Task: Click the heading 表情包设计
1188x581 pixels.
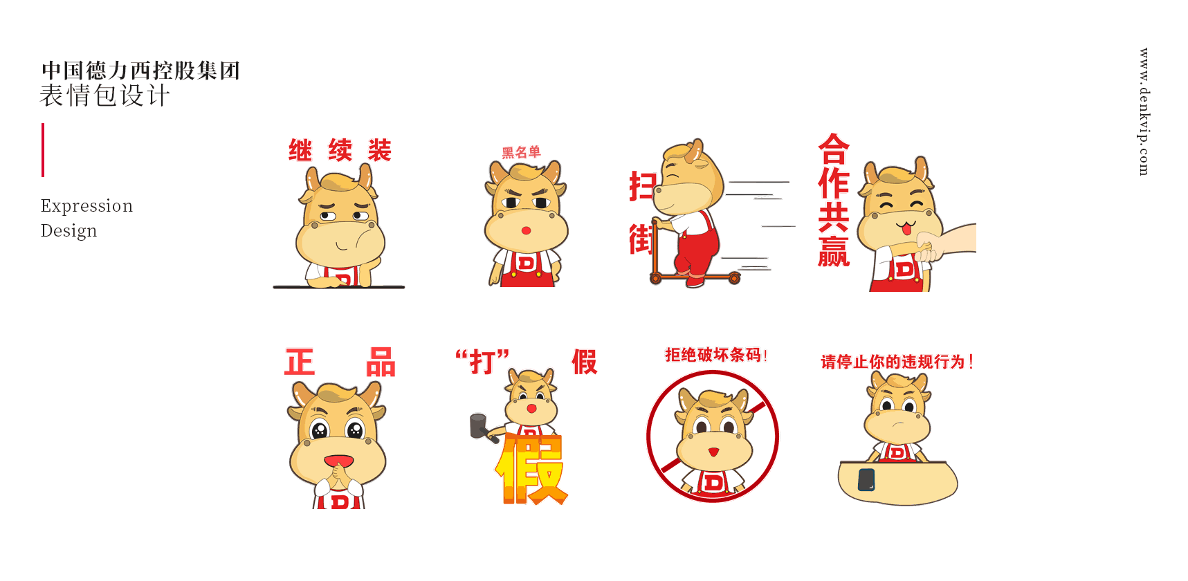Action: (x=104, y=95)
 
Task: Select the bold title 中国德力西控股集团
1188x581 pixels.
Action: (x=140, y=70)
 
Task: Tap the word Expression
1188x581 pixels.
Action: (x=86, y=206)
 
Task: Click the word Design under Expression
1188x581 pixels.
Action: (x=68, y=231)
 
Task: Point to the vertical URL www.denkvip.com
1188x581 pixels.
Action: (x=1144, y=111)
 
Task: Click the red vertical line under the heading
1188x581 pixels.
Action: (x=43, y=150)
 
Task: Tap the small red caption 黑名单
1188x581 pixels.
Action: (x=521, y=152)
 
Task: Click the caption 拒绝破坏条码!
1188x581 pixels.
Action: (x=716, y=355)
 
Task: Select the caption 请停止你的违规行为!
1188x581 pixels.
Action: (x=897, y=362)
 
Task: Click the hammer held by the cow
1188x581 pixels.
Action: (x=482, y=427)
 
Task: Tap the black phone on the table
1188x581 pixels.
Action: (x=866, y=479)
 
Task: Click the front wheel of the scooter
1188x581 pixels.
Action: (x=734, y=278)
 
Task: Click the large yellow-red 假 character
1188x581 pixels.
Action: (x=531, y=469)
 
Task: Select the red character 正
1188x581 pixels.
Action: (x=300, y=362)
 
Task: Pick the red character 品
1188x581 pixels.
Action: (x=381, y=362)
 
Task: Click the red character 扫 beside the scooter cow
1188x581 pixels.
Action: (x=641, y=186)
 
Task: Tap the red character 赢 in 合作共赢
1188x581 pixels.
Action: (x=833, y=251)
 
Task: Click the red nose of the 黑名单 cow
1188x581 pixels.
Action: (x=526, y=230)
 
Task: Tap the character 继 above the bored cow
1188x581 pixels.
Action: (x=300, y=150)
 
